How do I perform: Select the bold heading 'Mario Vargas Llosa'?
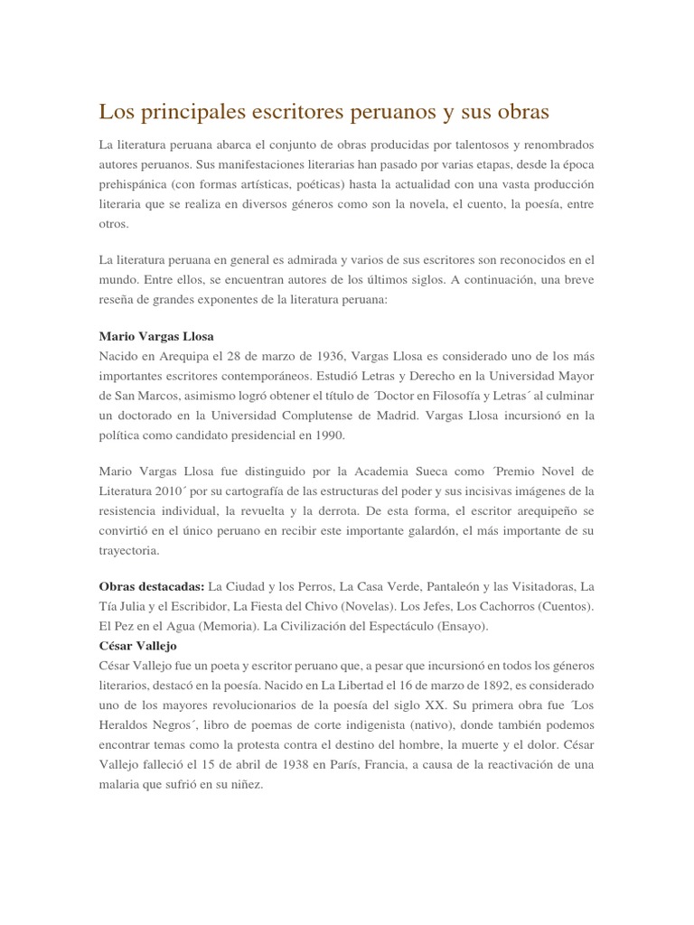coord(156,336)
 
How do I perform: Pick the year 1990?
coord(329,434)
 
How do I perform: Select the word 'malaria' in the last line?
coord(121,786)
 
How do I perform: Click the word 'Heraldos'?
coord(130,726)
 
